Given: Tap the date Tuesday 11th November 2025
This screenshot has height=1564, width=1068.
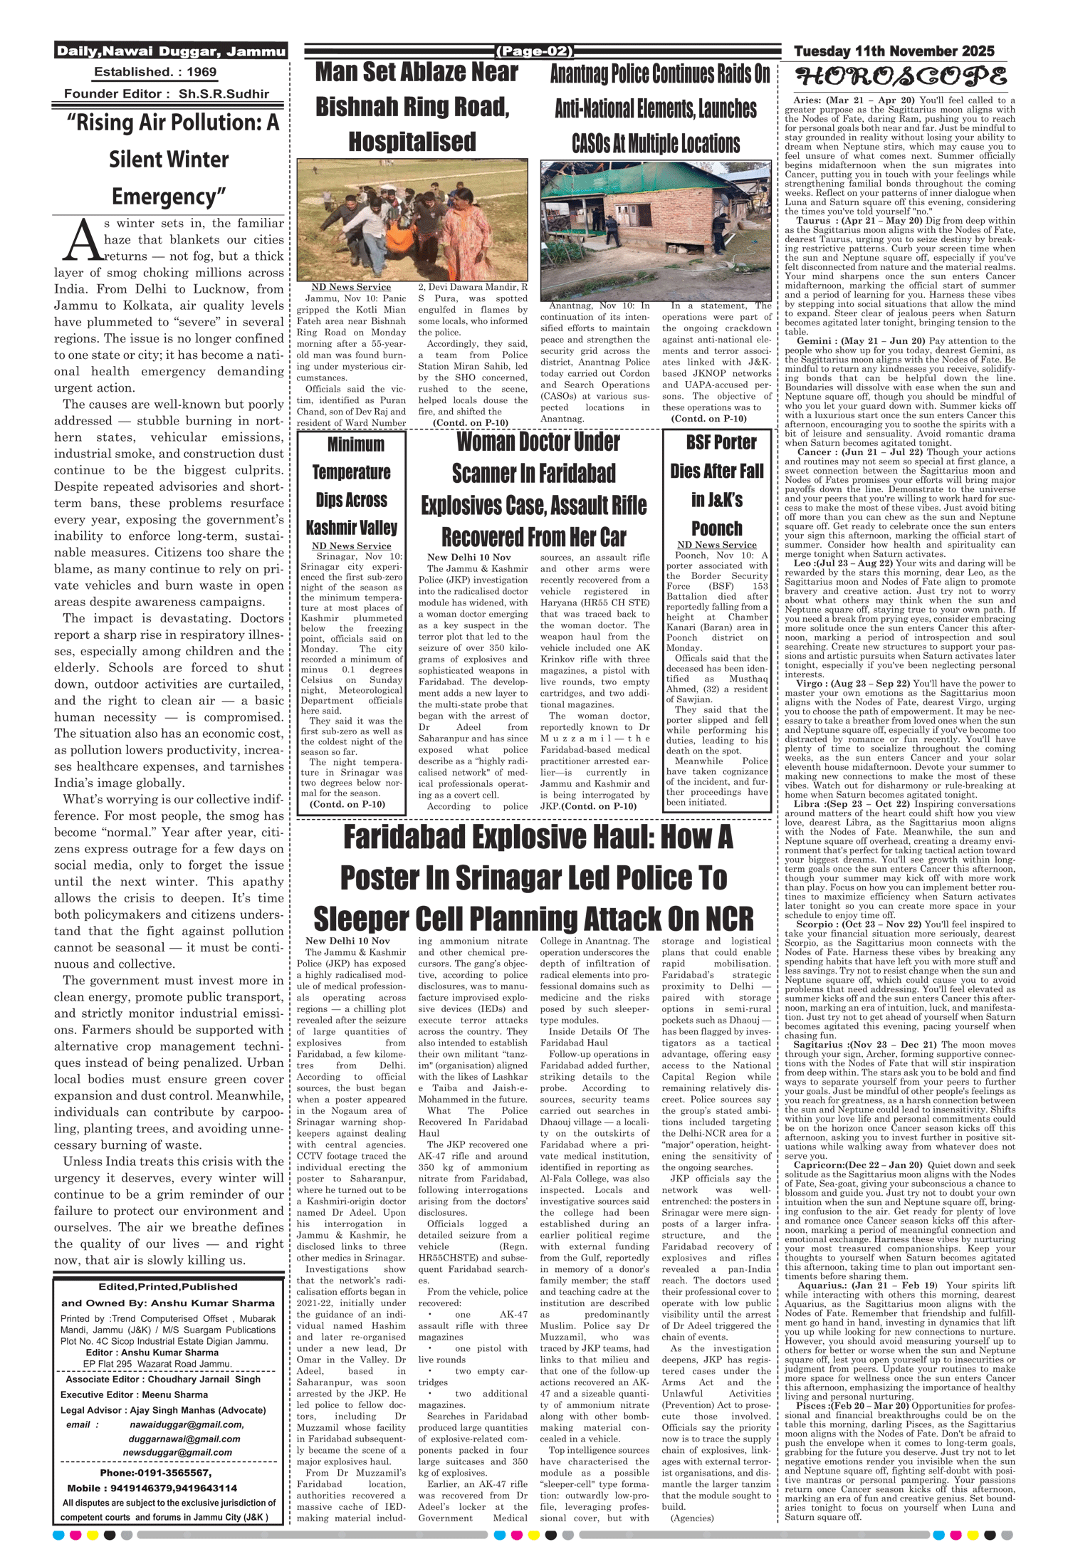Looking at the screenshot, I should click(894, 51).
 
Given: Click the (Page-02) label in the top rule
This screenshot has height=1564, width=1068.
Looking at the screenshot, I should click(534, 51).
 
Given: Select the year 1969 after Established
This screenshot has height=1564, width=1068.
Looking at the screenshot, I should click(201, 72).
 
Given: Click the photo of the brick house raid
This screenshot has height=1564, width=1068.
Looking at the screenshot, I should click(655, 231).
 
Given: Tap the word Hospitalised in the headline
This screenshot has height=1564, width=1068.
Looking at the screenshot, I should click(412, 141).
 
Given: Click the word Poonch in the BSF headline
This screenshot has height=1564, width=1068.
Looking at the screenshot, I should click(716, 528).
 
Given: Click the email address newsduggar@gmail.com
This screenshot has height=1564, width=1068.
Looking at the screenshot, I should click(177, 1452).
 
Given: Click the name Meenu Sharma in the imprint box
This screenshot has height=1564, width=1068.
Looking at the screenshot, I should click(175, 1394).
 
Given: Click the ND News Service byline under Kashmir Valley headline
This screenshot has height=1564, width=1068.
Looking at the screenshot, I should click(351, 546).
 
